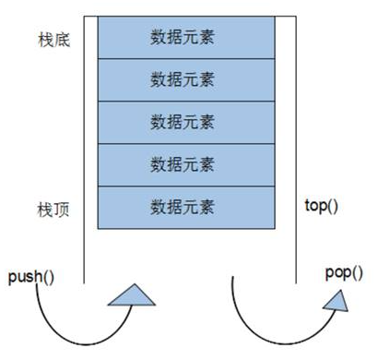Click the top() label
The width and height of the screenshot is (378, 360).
click(x=321, y=203)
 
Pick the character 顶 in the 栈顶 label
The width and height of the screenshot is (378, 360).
click(x=61, y=209)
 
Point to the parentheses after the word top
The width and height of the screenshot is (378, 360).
click(x=333, y=203)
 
